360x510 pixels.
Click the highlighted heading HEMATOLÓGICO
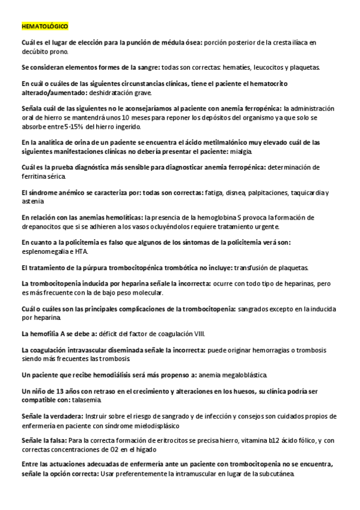point(45,27)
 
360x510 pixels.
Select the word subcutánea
point(273,475)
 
